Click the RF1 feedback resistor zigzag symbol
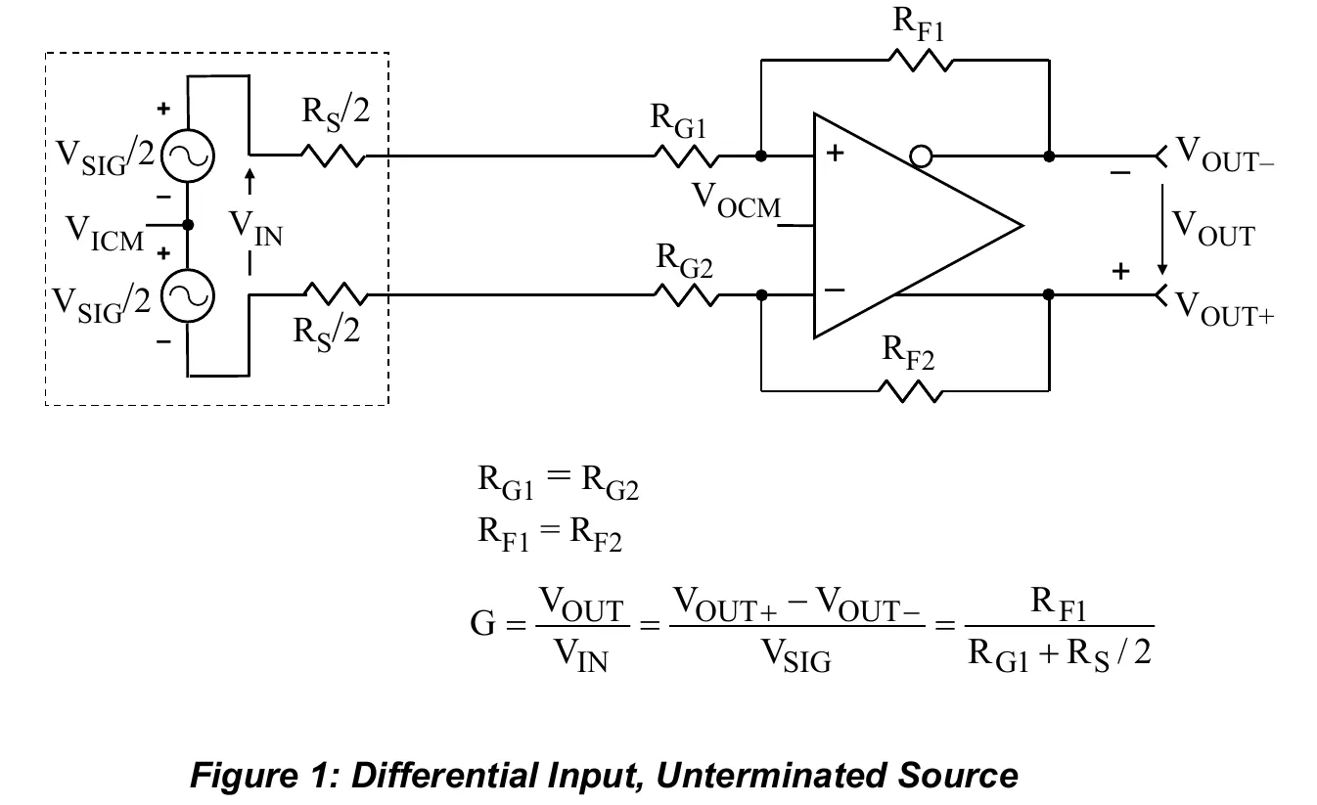point(921,60)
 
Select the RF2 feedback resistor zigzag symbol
point(911,391)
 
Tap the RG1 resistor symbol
point(686,157)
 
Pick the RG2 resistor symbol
point(686,295)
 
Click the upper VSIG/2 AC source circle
point(188,157)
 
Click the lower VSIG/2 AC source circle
point(188,295)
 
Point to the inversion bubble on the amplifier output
point(921,157)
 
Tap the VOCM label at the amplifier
point(736,201)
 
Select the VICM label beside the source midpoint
point(105,233)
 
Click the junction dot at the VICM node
point(188,225)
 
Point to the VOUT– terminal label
point(1225,155)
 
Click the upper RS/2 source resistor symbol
point(334,157)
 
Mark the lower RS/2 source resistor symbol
point(336,293)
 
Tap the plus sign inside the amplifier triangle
point(835,153)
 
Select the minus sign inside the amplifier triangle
point(835,290)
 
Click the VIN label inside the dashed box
point(255,229)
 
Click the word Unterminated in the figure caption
point(770,776)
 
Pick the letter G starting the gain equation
point(482,623)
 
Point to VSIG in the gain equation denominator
point(796,655)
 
